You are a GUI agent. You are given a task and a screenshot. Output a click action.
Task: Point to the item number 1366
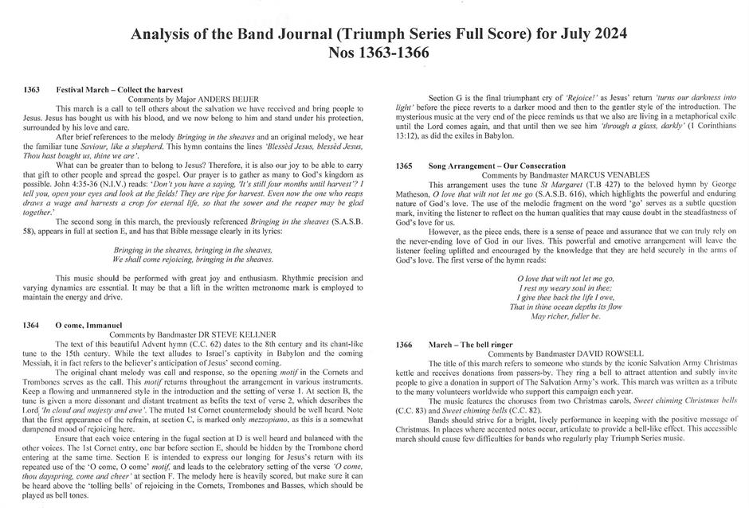click(404, 345)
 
